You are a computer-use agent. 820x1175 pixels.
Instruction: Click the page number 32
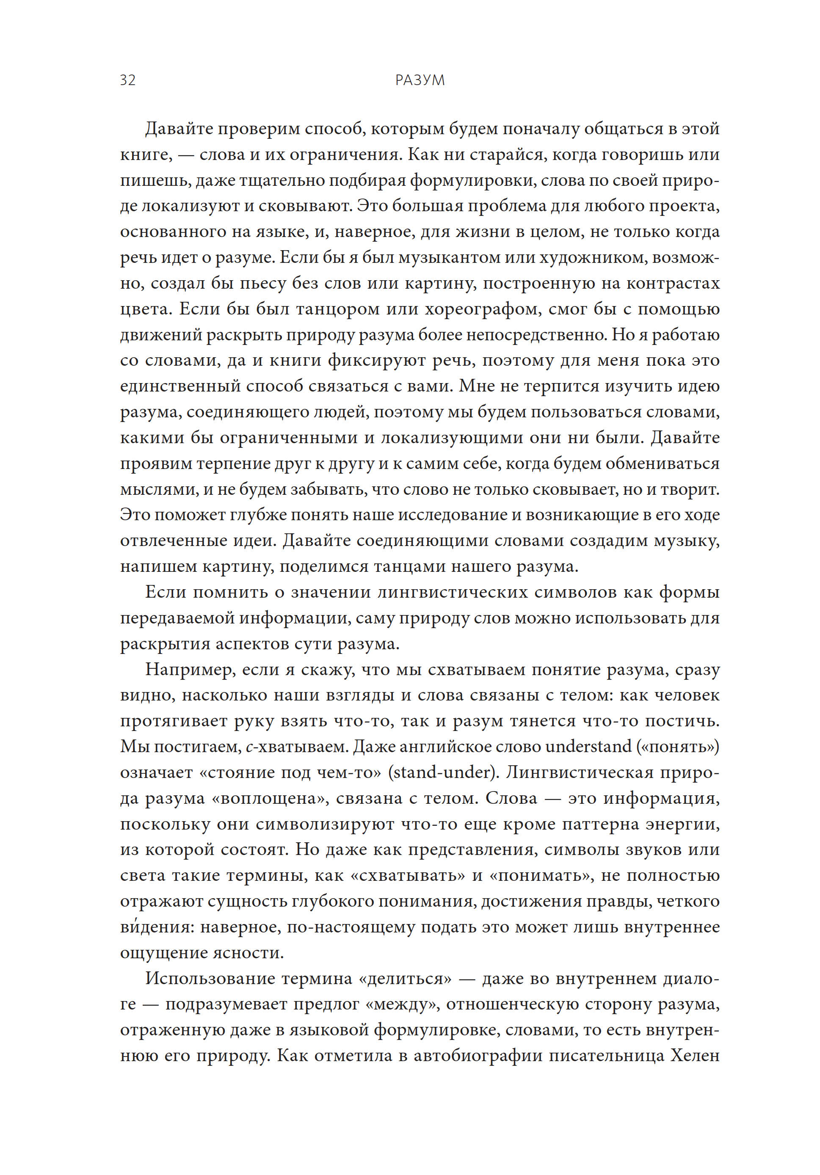tap(127, 80)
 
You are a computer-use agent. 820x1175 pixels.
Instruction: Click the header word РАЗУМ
tap(420, 80)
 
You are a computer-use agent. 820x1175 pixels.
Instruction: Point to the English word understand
tap(588, 747)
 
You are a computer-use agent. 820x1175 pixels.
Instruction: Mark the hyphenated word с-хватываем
tap(296, 747)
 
